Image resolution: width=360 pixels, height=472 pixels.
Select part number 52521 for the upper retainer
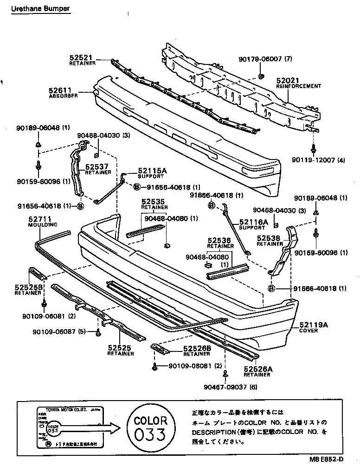point(81,57)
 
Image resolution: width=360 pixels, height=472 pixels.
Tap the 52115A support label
point(151,171)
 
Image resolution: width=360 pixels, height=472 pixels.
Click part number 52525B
point(28,287)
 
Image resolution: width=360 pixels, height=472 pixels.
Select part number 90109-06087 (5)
point(59,332)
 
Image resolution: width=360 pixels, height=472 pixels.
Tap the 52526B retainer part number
point(197,348)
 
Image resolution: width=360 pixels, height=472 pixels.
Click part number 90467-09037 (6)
point(230,387)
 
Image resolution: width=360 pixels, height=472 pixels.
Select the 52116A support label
point(254,222)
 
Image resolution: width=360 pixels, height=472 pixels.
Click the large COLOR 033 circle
point(150,427)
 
